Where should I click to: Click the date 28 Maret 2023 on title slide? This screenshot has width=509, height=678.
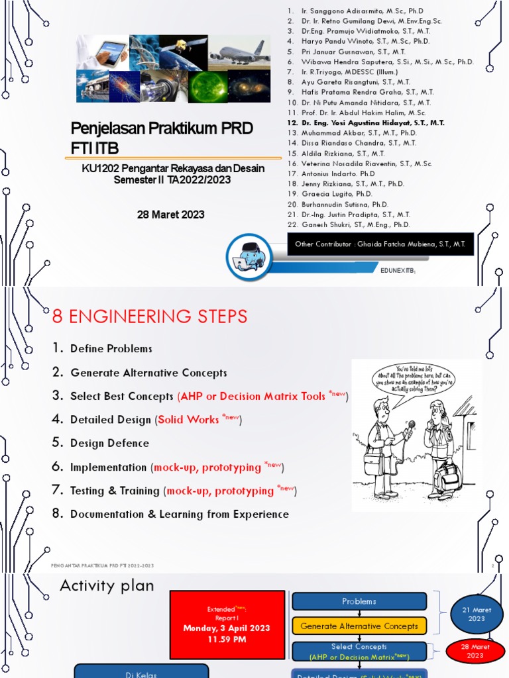click(172, 215)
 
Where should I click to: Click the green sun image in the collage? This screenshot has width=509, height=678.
click(207, 86)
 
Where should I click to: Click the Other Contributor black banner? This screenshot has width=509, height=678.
click(380, 244)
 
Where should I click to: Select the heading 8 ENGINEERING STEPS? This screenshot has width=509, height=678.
click(149, 316)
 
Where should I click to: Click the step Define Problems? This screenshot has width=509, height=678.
click(111, 348)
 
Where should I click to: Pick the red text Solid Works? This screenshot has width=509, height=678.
click(189, 419)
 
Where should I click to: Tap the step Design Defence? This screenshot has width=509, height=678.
click(109, 443)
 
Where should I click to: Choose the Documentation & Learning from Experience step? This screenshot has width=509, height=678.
click(179, 514)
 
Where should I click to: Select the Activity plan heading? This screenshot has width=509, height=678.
click(107, 585)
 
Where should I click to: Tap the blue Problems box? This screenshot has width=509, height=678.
click(359, 601)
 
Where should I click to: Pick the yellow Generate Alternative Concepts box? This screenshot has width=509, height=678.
click(359, 626)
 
